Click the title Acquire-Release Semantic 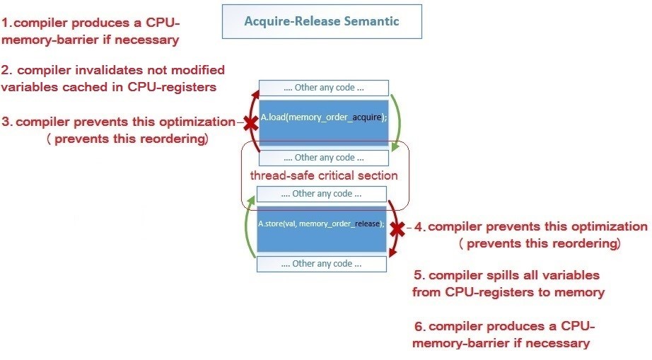pos(322,21)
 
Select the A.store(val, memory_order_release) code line pos(321,223)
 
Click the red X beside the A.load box pos(250,123)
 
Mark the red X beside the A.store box pos(397,228)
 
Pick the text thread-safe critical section pos(324,175)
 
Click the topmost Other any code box pos(323,88)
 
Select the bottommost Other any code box pos(322,264)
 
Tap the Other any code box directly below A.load pos(323,158)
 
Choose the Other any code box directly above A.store pos(322,194)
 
